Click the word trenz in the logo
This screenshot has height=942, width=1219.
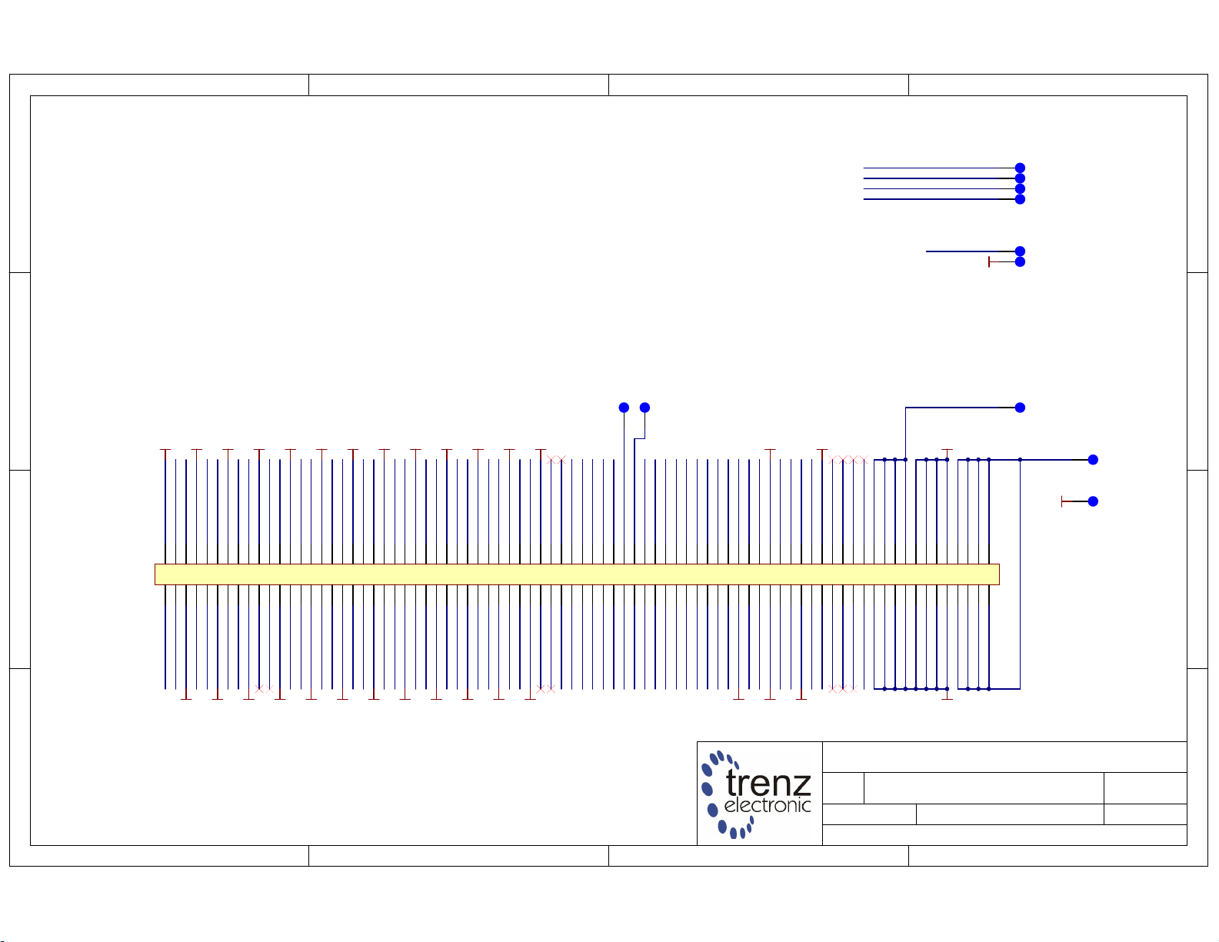(768, 784)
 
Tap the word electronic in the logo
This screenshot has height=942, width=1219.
(767, 805)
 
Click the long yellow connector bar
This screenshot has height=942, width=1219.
(577, 574)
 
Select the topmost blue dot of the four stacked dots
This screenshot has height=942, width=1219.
(1020, 168)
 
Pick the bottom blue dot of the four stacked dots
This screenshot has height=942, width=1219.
(1020, 199)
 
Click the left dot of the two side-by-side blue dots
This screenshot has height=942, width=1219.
(624, 408)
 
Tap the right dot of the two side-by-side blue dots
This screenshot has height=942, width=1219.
(644, 408)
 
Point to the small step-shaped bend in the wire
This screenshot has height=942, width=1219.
(640, 439)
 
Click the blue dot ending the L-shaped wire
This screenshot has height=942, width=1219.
(1020, 408)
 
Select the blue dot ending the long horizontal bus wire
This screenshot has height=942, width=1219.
(1093, 460)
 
